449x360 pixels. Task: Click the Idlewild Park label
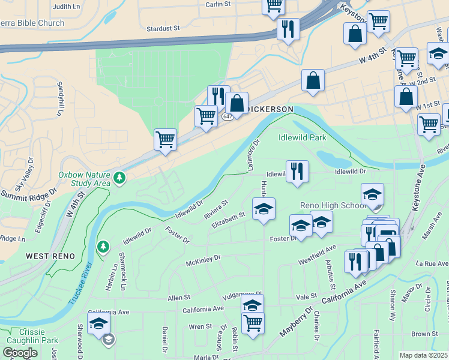303,137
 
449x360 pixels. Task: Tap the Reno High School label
333,206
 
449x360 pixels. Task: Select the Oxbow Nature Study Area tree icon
120,177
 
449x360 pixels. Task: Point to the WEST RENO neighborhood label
50,256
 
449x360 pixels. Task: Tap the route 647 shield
226,116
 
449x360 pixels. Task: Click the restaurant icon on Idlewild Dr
297,171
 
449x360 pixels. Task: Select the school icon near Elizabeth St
264,209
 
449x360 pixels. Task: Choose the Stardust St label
163,28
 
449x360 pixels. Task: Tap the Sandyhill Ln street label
60,99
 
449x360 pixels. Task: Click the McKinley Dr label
203,260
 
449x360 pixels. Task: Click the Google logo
20,353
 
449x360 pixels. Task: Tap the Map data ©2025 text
423,355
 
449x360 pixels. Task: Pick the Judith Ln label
66,7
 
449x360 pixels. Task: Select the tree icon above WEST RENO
103,247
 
